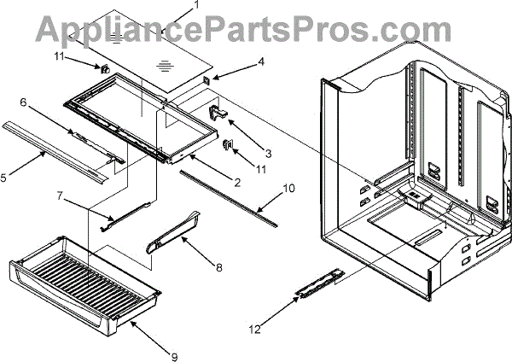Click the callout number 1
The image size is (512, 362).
pos(197,4)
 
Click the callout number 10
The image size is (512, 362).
pos(288,186)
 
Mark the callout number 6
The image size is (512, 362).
pos(23,102)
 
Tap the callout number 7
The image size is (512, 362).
pos(61,196)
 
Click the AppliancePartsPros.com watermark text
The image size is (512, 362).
pos(256,30)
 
